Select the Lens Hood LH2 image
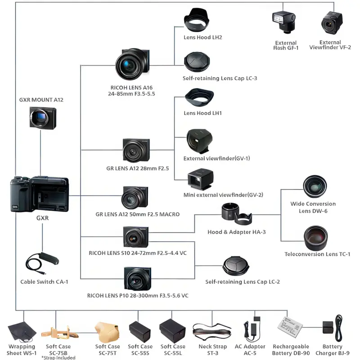tap(197, 21)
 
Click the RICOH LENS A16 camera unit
tap(132, 64)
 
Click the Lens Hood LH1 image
tap(199, 98)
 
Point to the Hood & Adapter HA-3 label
tap(237, 232)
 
